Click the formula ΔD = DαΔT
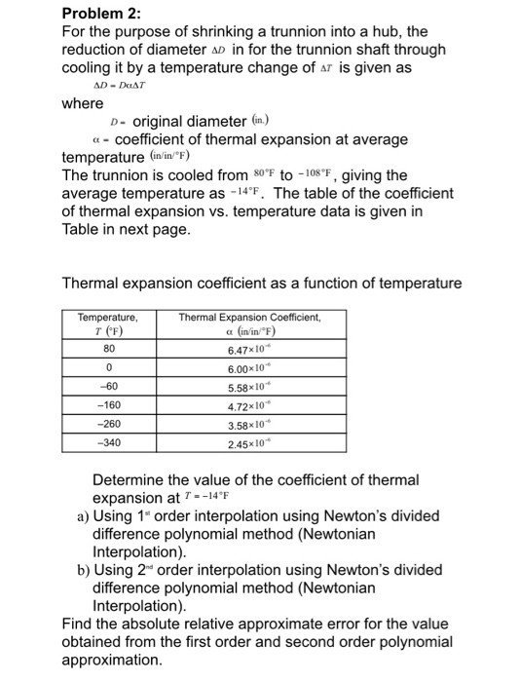[x=118, y=86]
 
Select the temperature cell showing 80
[x=108, y=348]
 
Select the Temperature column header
[x=108, y=322]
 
